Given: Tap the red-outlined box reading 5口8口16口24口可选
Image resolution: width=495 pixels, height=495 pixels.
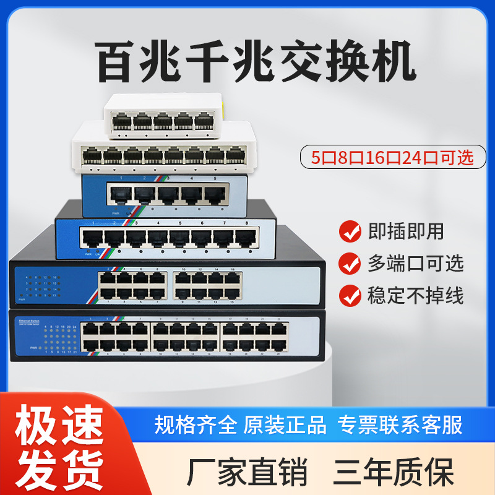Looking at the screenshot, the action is tap(392, 157).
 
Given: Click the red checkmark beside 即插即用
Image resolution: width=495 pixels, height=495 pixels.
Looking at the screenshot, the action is tap(351, 232).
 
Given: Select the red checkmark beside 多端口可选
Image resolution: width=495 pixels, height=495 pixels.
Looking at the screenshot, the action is tap(351, 264).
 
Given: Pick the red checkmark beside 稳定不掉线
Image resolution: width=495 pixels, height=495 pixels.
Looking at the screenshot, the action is tap(351, 295).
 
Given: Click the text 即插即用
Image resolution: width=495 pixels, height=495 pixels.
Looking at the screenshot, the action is tap(407, 232).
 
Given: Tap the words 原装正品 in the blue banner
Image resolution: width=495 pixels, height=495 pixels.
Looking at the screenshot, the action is tap(285, 425).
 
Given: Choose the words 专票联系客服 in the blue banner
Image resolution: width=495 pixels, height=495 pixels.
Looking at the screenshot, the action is tap(400, 425).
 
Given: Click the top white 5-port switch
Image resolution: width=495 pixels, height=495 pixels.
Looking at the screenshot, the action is tap(163, 116).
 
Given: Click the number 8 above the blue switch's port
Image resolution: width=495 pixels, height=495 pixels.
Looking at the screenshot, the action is tap(247, 222).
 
